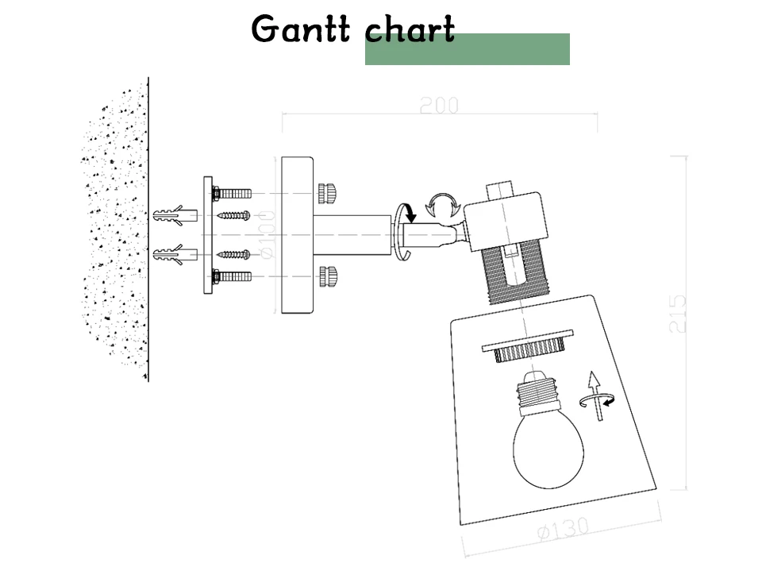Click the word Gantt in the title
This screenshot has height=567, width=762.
coord(300,29)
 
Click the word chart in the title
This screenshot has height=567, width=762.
coord(410,29)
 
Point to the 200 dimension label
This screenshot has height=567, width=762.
coord(439,106)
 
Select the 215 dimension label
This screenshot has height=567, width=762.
coord(677,314)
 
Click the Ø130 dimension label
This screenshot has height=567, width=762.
coord(564,529)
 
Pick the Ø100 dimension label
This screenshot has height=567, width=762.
coord(267,235)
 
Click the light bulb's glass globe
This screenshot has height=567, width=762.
coord(548,449)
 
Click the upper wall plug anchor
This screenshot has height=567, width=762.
coord(175,215)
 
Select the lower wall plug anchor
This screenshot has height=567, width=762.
coord(175,254)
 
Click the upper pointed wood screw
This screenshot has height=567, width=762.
coord(233,215)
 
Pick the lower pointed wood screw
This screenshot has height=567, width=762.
coord(233,254)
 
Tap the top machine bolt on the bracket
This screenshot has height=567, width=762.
coord(231,194)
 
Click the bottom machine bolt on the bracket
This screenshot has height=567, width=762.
coord(231,276)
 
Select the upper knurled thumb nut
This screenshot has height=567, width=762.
coord(328,194)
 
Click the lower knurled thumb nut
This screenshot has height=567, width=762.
coord(328,276)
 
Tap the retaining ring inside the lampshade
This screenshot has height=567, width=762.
coord(529,346)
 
